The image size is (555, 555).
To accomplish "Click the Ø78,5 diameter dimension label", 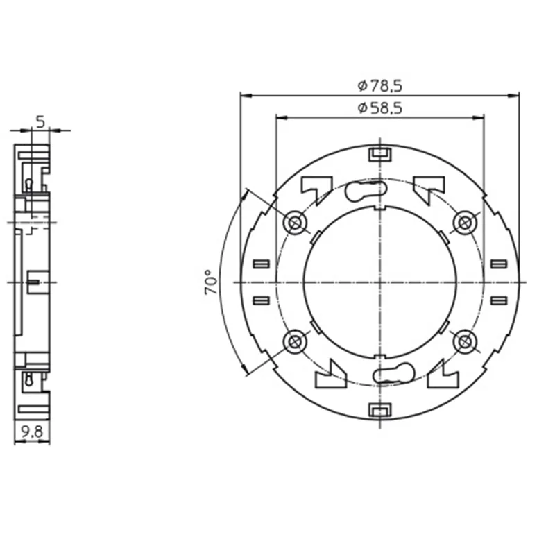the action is pos(379,86).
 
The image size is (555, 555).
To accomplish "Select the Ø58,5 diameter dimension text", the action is pos(379,108).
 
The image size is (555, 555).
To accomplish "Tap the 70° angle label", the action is pos(211,282).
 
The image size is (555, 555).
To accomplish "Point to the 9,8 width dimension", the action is pos(32,432).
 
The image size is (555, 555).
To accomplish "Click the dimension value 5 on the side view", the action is pos(41,122).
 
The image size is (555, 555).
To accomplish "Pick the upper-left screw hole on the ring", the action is pos(295,223).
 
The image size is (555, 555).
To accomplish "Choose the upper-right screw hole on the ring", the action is pos(465,223).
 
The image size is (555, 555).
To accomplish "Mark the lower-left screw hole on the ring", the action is pos(295,342).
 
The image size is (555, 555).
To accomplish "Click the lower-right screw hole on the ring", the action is pos(465,342).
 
